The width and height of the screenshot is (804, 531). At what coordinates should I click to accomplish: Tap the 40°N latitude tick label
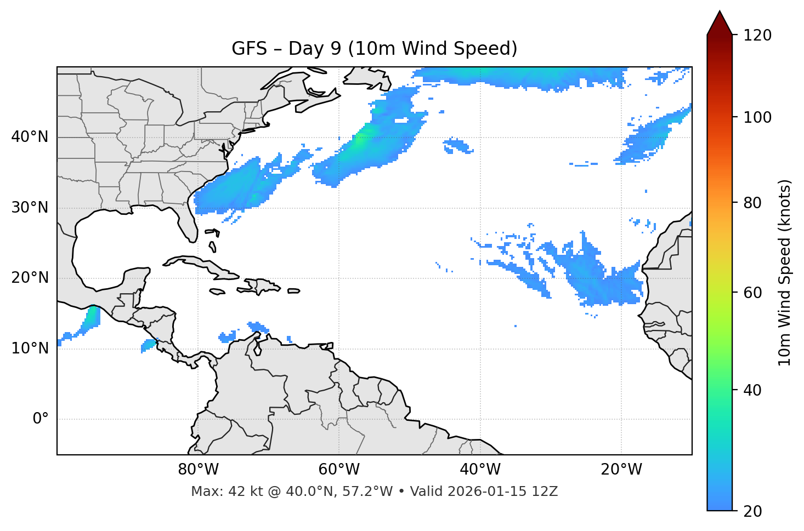click(x=30, y=136)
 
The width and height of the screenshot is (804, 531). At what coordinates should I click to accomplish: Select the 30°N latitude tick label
click(x=30, y=208)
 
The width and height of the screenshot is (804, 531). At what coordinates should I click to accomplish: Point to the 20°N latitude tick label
click(x=30, y=278)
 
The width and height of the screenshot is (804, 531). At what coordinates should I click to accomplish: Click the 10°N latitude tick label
click(x=30, y=349)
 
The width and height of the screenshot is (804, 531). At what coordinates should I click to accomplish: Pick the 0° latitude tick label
click(x=41, y=419)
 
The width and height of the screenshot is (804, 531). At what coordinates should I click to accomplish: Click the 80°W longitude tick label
click(x=198, y=470)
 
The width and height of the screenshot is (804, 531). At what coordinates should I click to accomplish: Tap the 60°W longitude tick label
click(x=339, y=470)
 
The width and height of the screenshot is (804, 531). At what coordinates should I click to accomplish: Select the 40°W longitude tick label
click(x=480, y=470)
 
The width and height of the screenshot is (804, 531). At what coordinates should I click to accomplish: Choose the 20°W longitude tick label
click(x=621, y=470)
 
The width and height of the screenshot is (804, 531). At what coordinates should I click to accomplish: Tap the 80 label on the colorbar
click(x=755, y=203)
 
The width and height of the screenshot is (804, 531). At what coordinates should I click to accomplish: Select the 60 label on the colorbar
click(x=755, y=293)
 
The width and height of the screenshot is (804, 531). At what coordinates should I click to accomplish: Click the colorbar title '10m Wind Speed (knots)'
click(x=785, y=272)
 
